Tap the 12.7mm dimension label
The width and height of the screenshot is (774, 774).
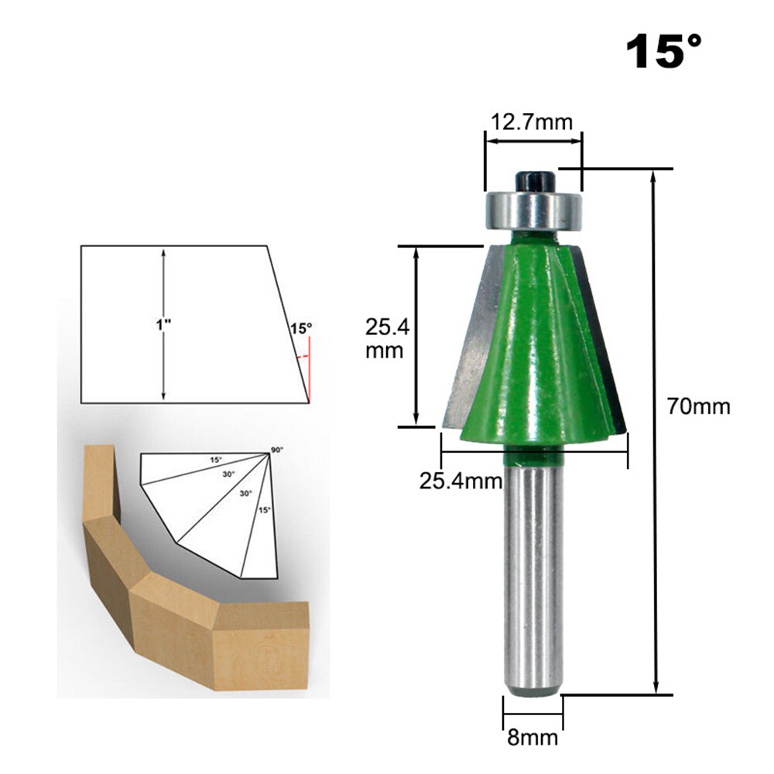(531, 122)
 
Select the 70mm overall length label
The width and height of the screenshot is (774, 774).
(699, 406)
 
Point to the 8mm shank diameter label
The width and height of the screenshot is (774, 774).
(533, 737)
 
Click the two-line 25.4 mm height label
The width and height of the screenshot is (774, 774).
(385, 337)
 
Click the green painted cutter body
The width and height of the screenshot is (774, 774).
(534, 348)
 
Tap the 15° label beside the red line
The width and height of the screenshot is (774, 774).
(300, 328)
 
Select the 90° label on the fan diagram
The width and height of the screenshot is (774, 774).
(276, 449)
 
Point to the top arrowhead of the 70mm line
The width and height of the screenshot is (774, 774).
(655, 176)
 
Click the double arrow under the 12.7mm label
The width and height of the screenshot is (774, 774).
(533, 142)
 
